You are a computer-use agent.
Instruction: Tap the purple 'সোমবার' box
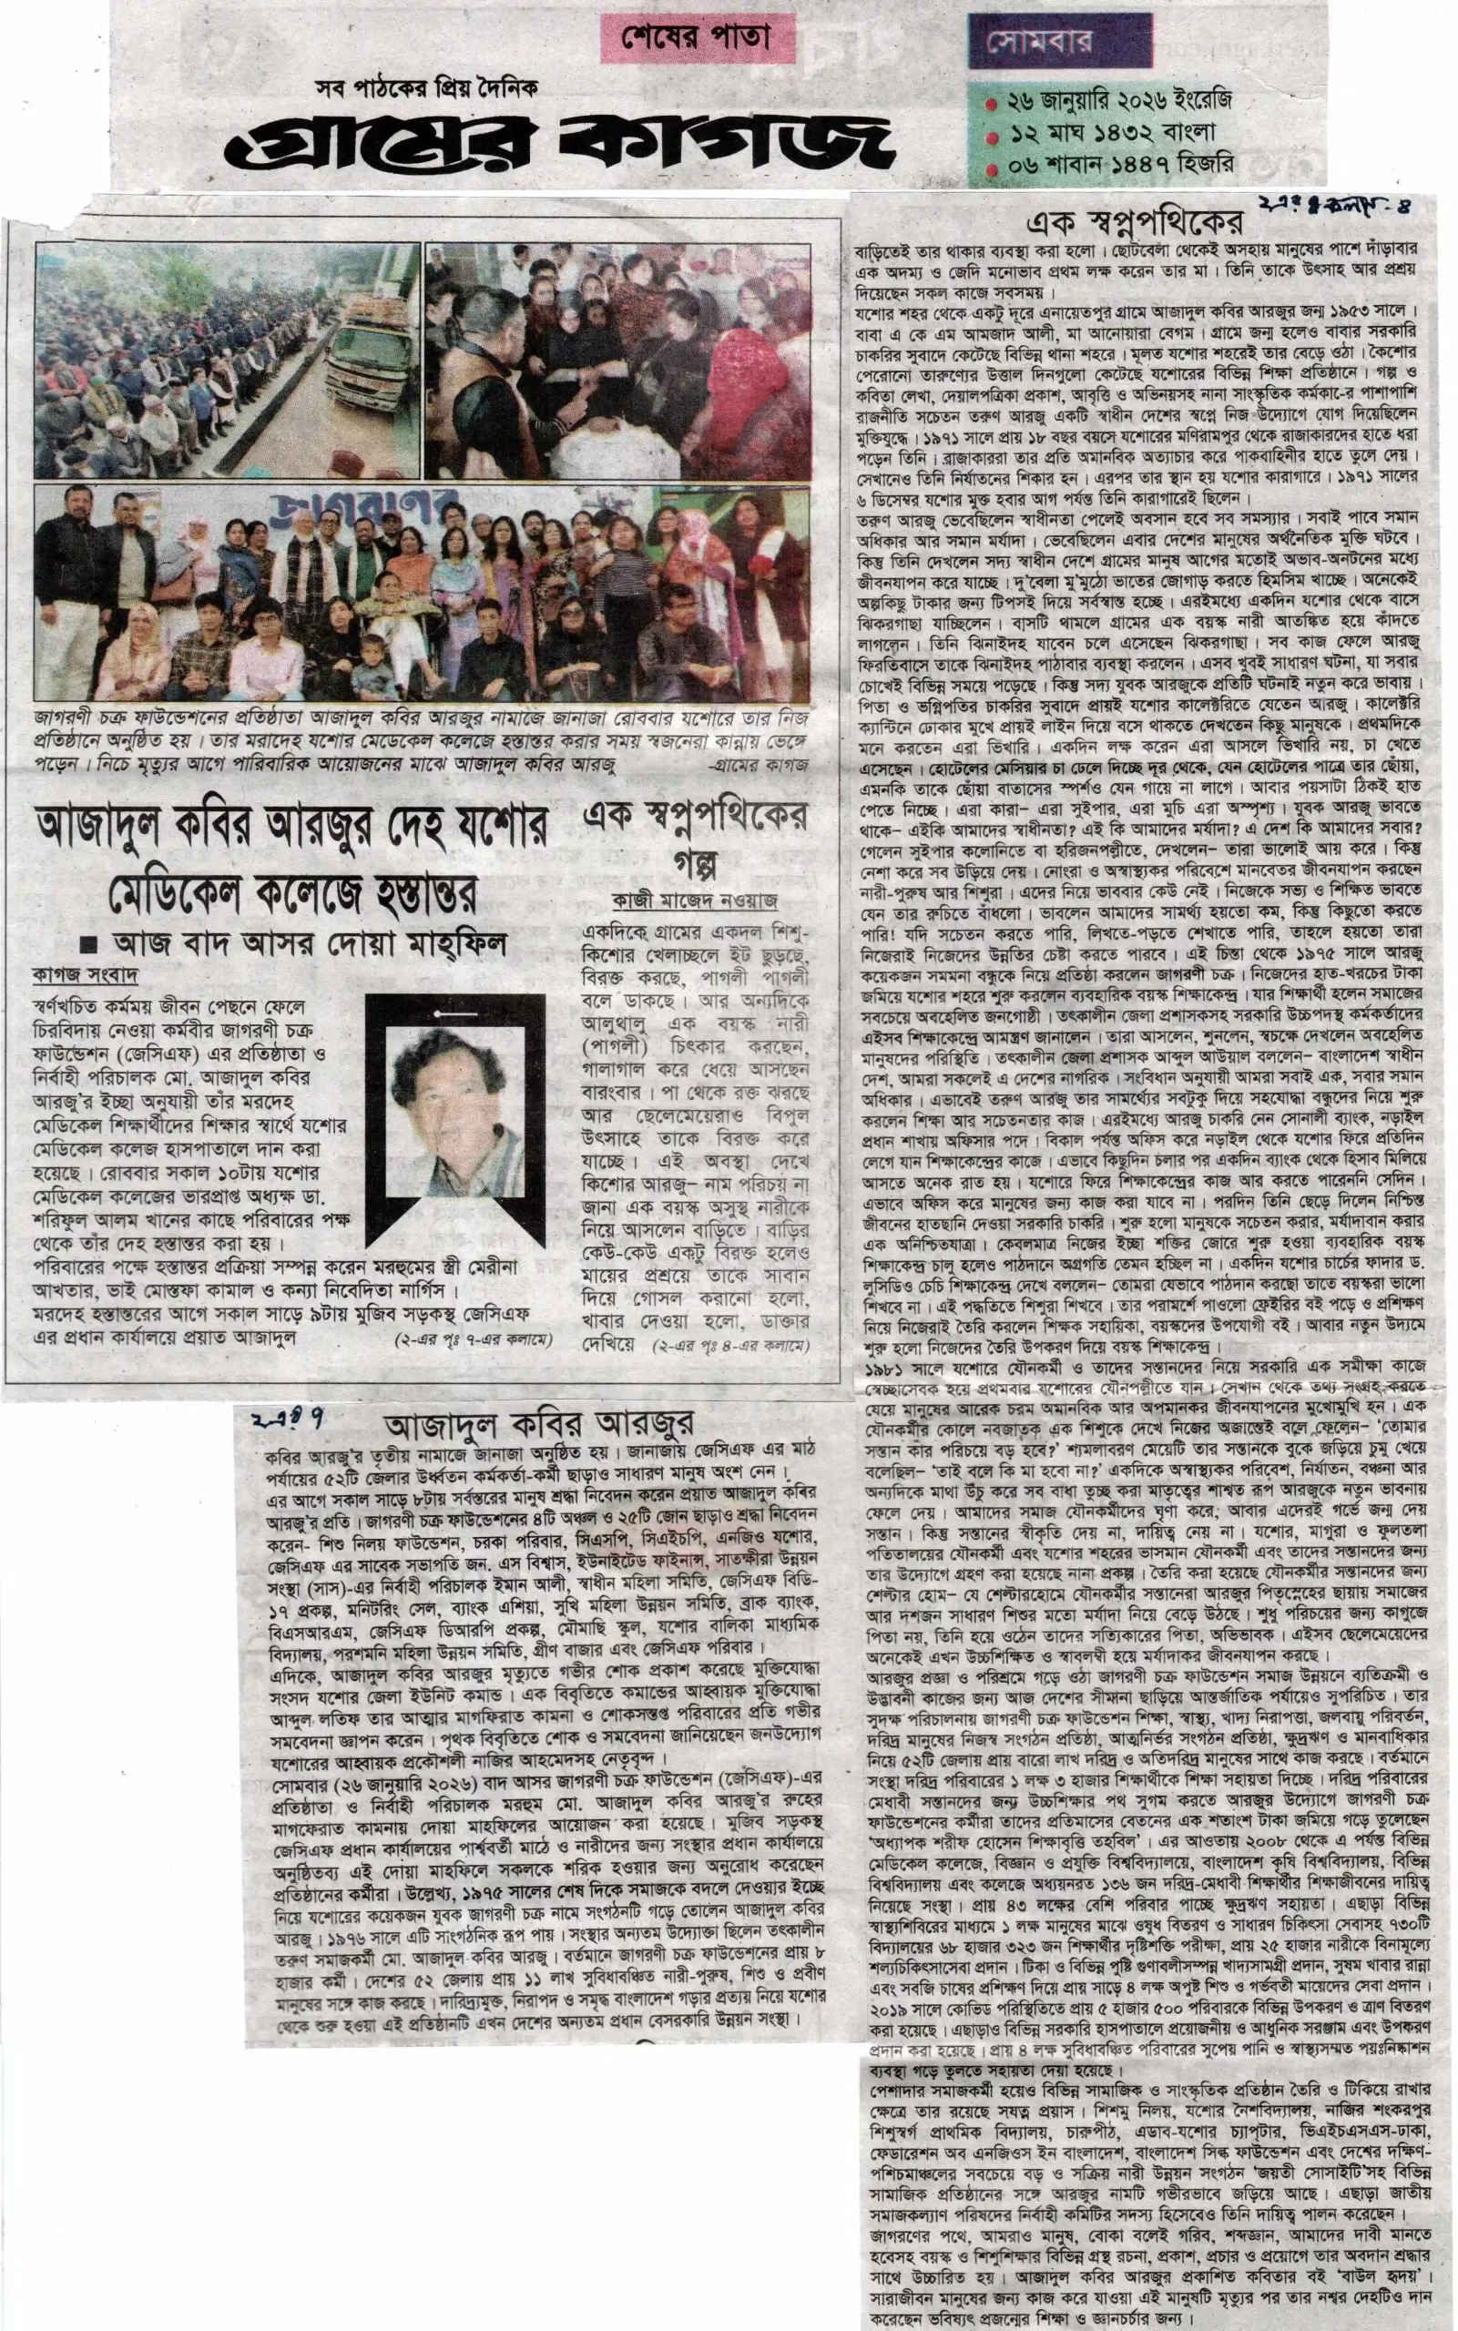pyautogui.click(x=1059, y=40)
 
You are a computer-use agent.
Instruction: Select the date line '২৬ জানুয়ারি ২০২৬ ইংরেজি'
pyautogui.click(x=1119, y=100)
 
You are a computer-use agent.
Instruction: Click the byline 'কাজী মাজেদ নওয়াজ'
pyautogui.click(x=695, y=901)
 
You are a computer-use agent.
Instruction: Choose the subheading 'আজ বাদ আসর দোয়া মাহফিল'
pyautogui.click(x=309, y=942)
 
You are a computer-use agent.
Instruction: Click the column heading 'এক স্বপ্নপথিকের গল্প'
pyautogui.click(x=694, y=837)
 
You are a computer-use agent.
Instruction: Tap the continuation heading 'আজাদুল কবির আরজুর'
pyautogui.click(x=539, y=1424)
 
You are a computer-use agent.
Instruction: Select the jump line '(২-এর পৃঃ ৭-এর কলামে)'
pyautogui.click(x=474, y=1340)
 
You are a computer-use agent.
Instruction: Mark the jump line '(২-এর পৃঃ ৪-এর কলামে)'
pyautogui.click(x=731, y=1345)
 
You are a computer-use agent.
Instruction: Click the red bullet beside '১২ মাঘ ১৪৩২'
pyautogui.click(x=993, y=136)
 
